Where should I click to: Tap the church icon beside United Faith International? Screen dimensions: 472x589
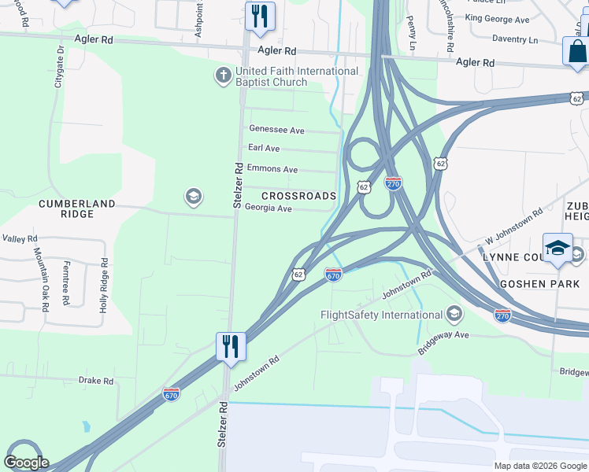pos(224,76)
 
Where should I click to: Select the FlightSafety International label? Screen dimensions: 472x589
pos(381,315)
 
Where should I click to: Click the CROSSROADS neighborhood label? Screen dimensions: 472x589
pos(299,196)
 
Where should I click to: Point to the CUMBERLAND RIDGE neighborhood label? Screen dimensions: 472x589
pos(77,208)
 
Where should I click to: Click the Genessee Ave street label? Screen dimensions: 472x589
pos(276,130)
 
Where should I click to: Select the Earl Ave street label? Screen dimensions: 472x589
pos(264,148)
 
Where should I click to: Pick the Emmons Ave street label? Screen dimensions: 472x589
pos(272,169)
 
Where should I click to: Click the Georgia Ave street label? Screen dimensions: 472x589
pos(269,208)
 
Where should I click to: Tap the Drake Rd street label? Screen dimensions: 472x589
pos(96,381)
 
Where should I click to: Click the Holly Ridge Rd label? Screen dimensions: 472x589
pos(103,285)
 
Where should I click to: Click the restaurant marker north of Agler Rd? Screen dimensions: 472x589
pos(259,17)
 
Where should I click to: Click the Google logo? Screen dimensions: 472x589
pos(27,463)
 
